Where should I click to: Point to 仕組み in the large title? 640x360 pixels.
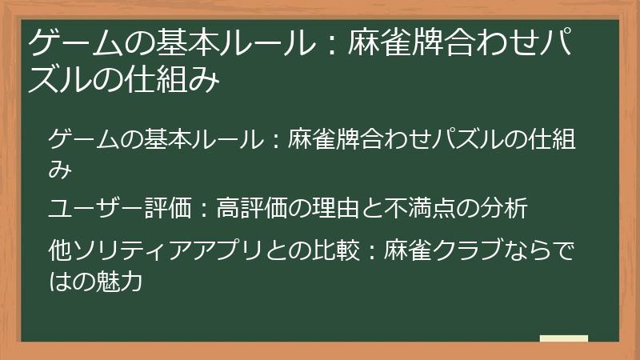(x=181, y=81)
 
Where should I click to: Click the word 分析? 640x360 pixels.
(x=507, y=210)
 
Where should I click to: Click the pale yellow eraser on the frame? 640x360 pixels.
(x=564, y=338)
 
